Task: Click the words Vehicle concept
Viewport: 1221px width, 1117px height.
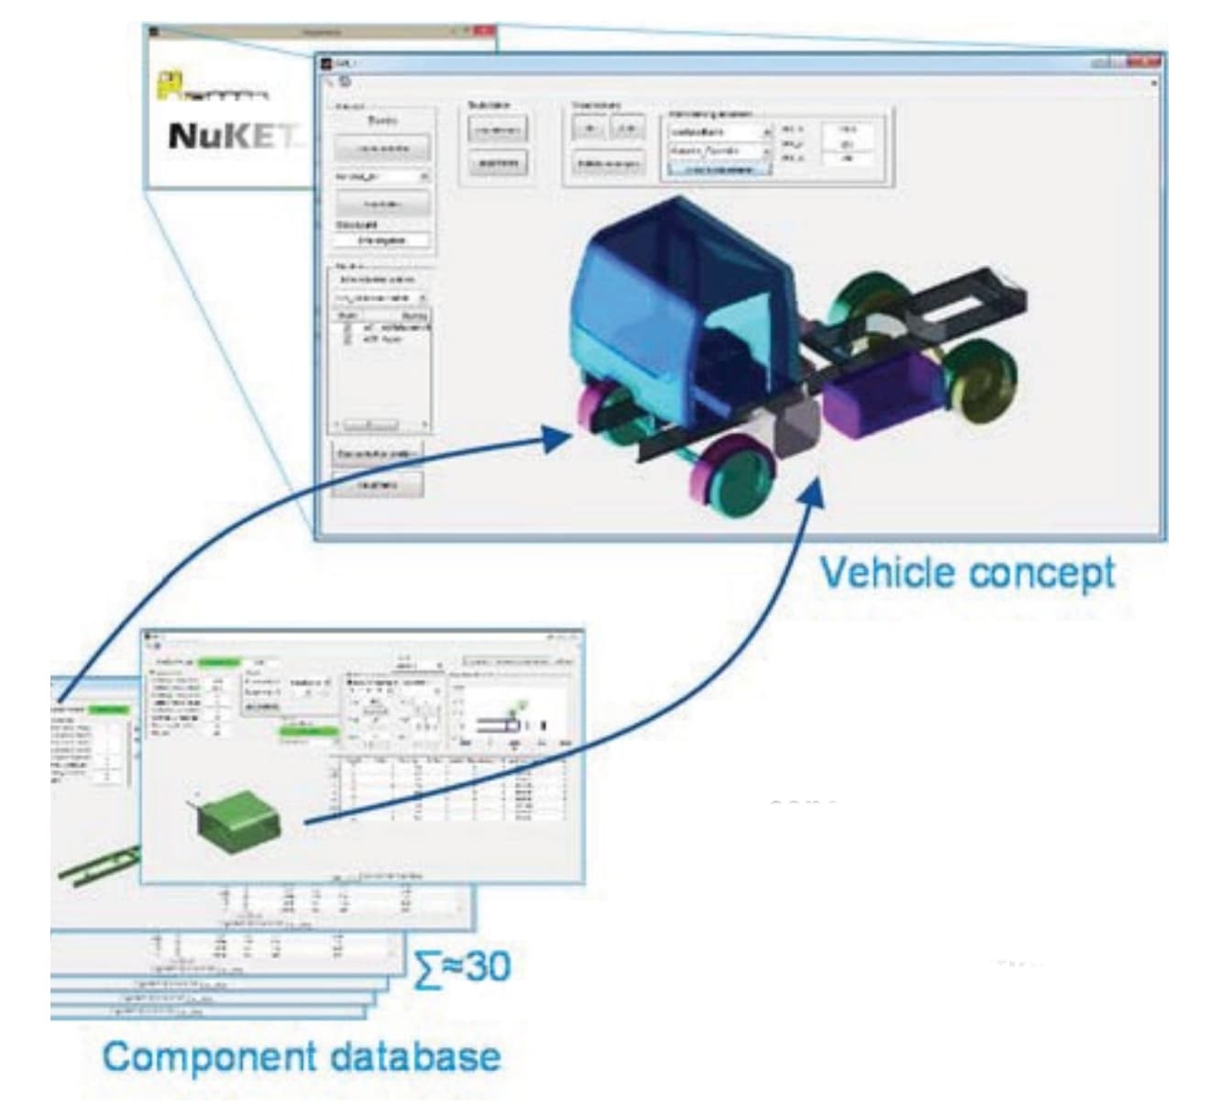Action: [x=967, y=573]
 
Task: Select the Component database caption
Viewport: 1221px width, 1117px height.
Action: [x=302, y=1056]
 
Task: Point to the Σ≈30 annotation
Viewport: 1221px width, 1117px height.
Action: [x=464, y=966]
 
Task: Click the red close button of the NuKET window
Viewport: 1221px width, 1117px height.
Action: [x=484, y=31]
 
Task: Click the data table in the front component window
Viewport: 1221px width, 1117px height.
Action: [x=449, y=789]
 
